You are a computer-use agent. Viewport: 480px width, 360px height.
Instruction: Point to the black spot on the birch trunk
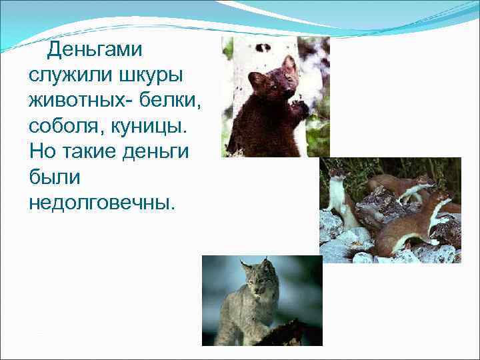264,48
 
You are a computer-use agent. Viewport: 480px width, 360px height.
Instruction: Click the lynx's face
257,282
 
